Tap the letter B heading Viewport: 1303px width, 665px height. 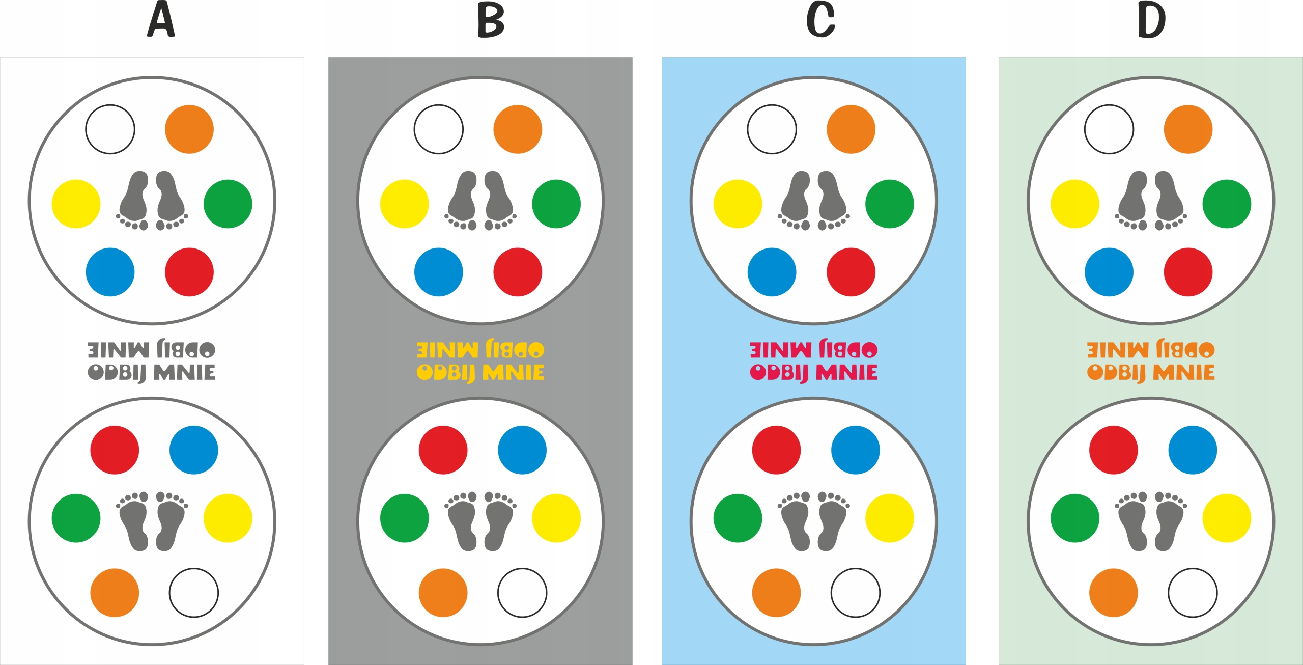click(491, 20)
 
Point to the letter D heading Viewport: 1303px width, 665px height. click(1151, 20)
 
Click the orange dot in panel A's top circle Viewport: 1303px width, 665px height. click(189, 129)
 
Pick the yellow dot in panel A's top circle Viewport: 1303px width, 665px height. click(76, 204)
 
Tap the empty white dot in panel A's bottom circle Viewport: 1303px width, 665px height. click(193, 593)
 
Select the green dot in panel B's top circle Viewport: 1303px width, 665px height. click(556, 204)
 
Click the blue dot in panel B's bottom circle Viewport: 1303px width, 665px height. click(522, 450)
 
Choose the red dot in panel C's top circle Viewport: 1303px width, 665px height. click(851, 272)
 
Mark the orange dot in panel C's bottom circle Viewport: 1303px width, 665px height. click(776, 593)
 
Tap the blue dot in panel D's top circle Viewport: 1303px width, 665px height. click(1109, 272)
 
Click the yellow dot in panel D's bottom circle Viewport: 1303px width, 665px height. click(1227, 518)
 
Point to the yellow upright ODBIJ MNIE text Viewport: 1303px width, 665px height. click(480, 373)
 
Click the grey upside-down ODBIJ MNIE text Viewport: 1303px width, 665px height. click(152, 350)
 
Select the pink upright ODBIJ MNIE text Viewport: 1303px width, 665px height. click(813, 373)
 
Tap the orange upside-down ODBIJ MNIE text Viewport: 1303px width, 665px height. click(1151, 350)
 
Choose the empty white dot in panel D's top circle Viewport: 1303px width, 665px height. click(1109, 129)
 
